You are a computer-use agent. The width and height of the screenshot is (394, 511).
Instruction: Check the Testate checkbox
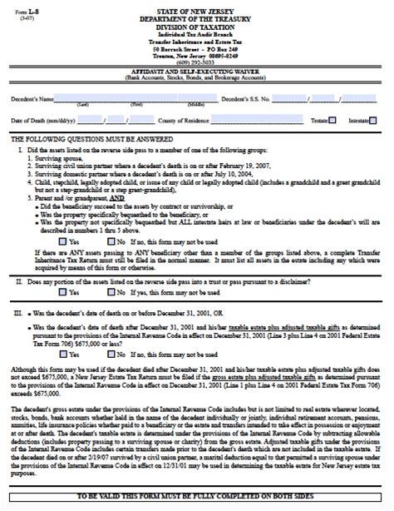click(332, 121)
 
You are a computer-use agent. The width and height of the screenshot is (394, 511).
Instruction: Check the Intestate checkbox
click(379, 121)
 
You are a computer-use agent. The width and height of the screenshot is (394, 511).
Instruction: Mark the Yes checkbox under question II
click(63, 293)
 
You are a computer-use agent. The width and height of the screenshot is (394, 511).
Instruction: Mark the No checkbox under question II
click(111, 293)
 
